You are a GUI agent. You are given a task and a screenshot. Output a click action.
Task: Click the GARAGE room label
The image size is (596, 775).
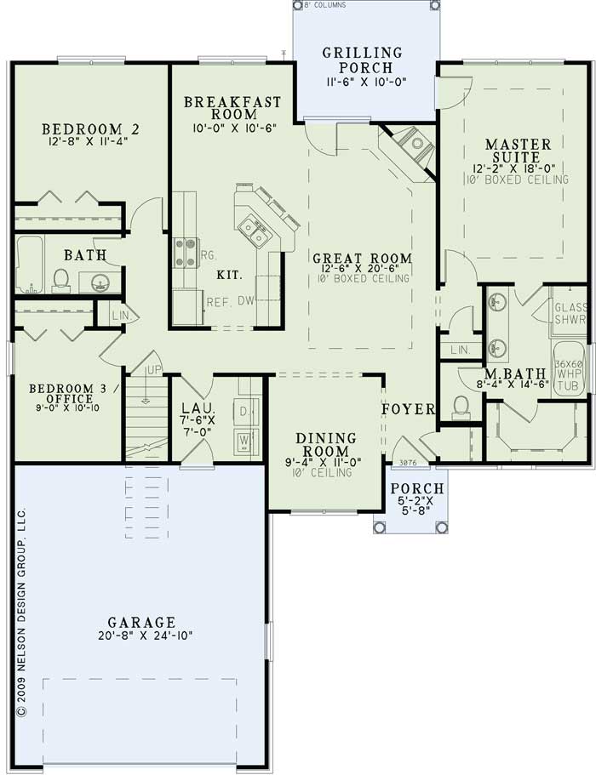pyautogui.click(x=141, y=622)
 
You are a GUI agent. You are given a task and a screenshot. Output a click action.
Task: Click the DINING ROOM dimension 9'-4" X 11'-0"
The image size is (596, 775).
pyautogui.click(x=324, y=462)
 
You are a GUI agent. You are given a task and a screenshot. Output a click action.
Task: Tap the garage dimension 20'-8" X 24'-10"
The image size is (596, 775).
pyautogui.click(x=141, y=635)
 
